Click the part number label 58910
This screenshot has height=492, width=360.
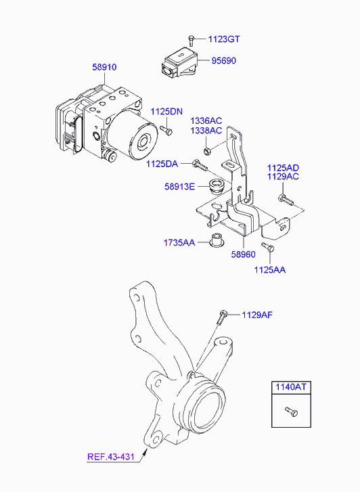[104, 67]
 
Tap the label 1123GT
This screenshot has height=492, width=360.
[224, 39]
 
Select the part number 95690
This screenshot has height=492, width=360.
[223, 60]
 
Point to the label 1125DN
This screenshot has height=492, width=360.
[166, 112]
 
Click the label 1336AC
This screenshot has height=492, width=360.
[206, 121]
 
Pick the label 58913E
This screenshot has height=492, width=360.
[179, 187]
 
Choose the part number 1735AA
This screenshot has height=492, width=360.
[179, 242]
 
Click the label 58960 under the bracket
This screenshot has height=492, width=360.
[243, 254]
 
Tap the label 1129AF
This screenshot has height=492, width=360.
[257, 315]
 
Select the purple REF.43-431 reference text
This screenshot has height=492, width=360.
[111, 457]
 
